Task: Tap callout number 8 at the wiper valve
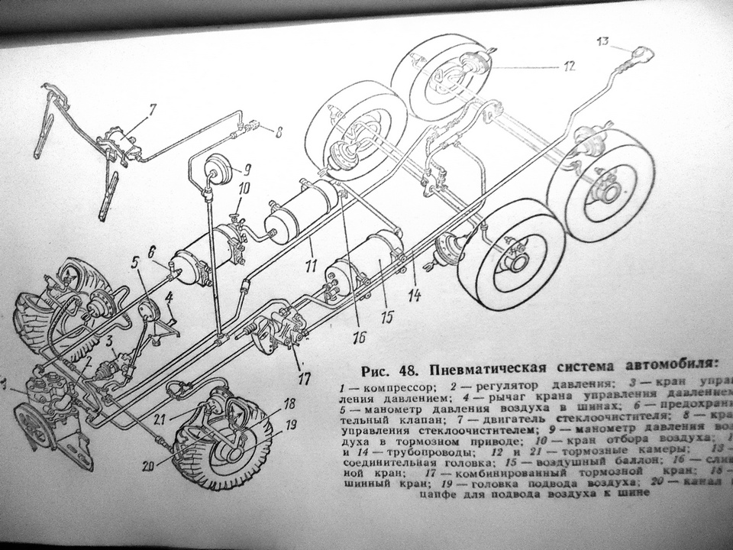tap(279, 132)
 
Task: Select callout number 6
tap(151, 251)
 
